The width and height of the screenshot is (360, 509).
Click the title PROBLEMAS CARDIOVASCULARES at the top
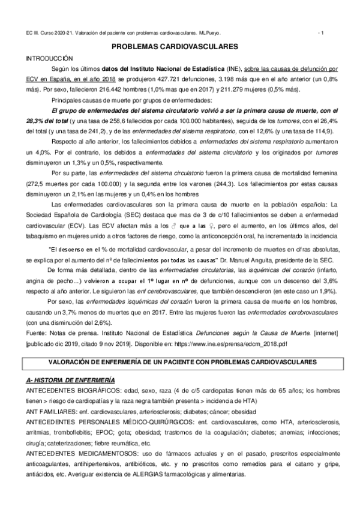pyautogui.click(x=179, y=46)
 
